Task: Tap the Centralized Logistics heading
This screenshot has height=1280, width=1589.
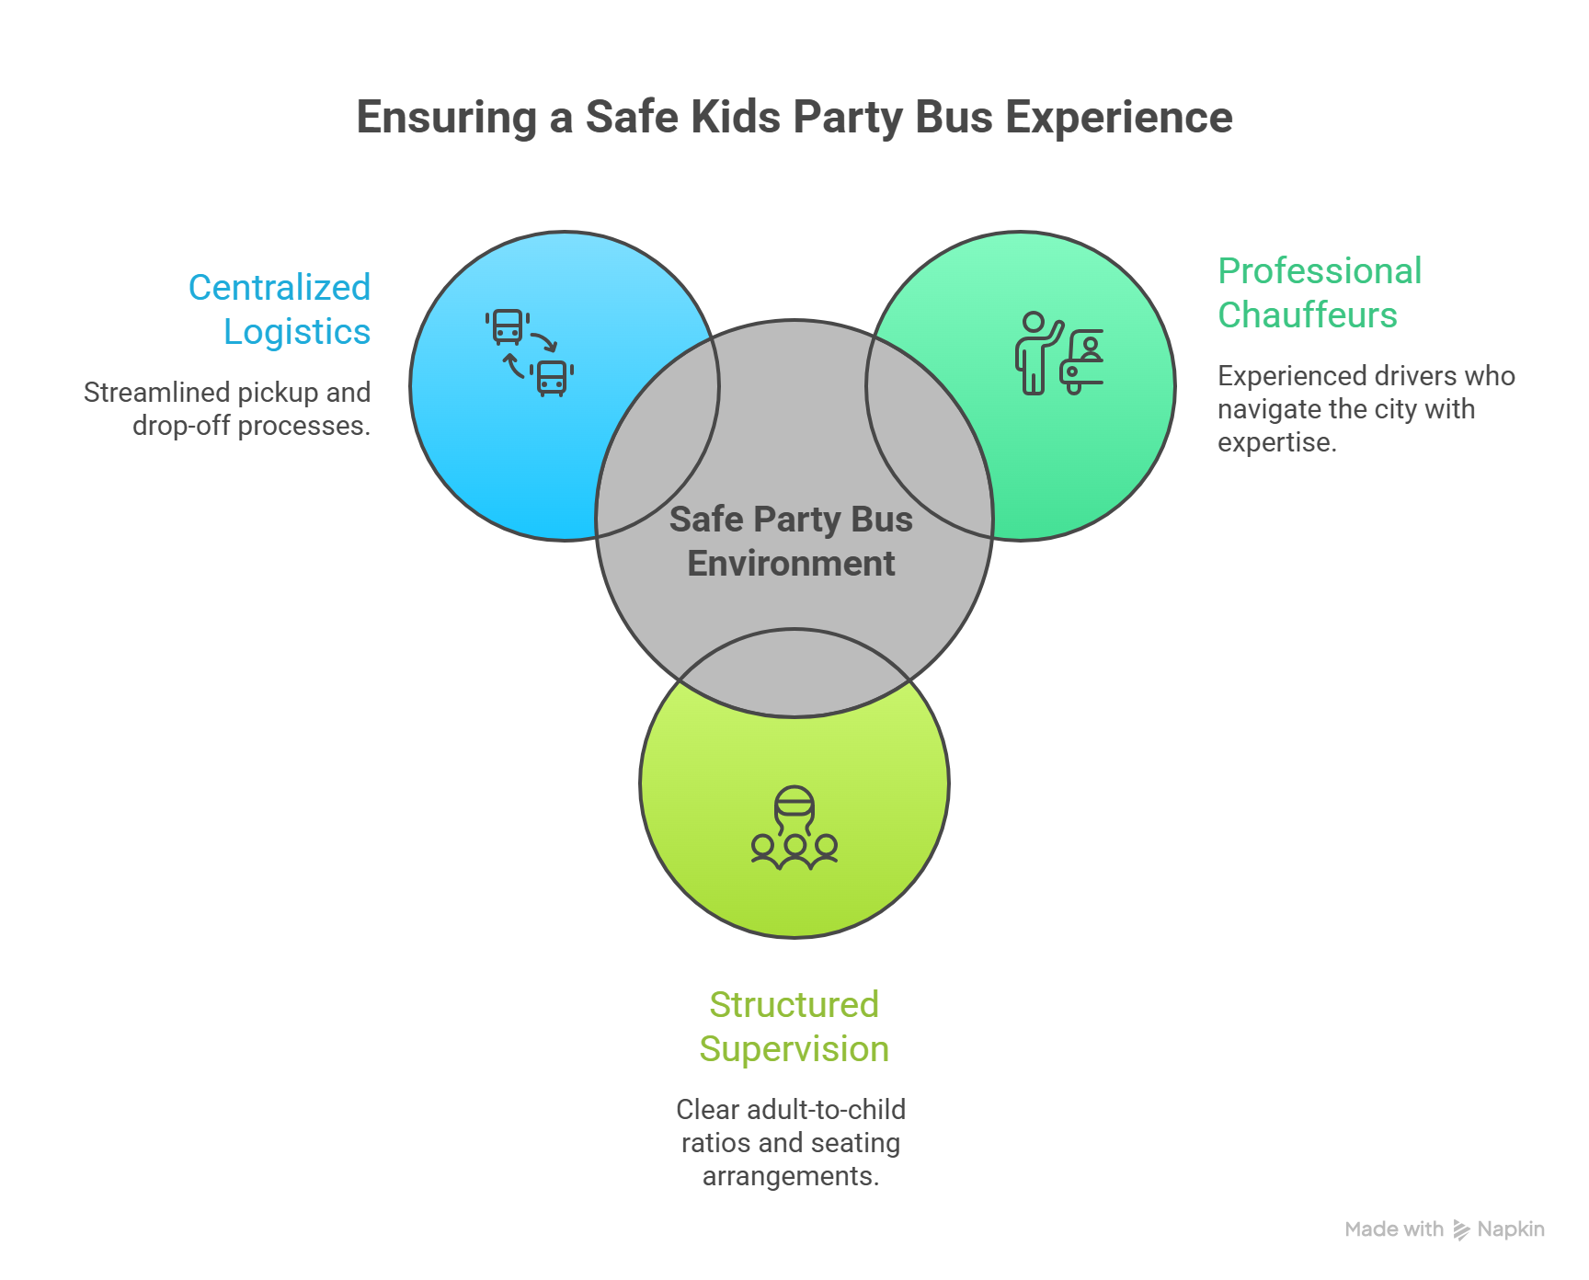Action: coord(280,310)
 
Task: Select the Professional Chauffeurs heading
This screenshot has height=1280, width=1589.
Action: coord(1319,292)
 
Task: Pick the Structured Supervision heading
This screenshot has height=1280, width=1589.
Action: coord(794,1026)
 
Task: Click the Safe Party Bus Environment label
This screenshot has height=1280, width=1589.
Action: coord(791,541)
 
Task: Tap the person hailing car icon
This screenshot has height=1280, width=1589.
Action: coord(1058,354)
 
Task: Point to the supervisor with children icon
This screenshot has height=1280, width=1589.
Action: coord(794,828)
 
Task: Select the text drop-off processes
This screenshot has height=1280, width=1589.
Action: coord(251,426)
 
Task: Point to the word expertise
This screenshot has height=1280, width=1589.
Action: coord(1275,442)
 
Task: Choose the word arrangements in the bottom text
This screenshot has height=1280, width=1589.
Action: coord(790,1176)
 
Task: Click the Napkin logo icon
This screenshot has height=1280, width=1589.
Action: coord(1461,1229)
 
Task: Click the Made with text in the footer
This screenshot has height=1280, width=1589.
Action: coord(1393,1229)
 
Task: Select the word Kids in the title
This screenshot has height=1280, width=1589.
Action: coord(735,118)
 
